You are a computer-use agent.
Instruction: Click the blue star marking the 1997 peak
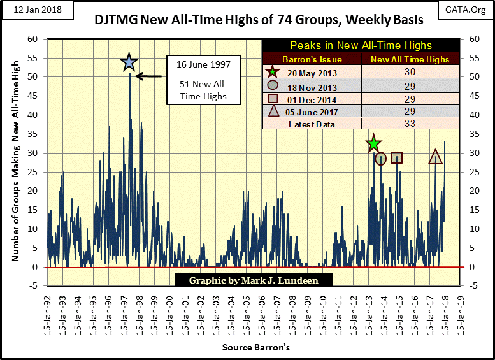tap(129, 62)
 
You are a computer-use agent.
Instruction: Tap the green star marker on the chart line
tap(373, 145)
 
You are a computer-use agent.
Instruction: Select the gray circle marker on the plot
tap(381, 159)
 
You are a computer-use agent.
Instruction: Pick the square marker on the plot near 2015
tap(396, 157)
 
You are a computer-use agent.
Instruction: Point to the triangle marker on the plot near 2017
tap(436, 157)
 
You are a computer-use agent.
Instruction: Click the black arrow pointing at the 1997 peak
tap(148, 76)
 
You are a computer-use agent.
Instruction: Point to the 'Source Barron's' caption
tap(256, 348)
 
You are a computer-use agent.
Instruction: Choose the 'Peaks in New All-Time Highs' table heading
tap(361, 46)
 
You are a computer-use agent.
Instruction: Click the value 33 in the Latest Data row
tap(410, 124)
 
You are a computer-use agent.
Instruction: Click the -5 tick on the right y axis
tap(473, 285)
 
